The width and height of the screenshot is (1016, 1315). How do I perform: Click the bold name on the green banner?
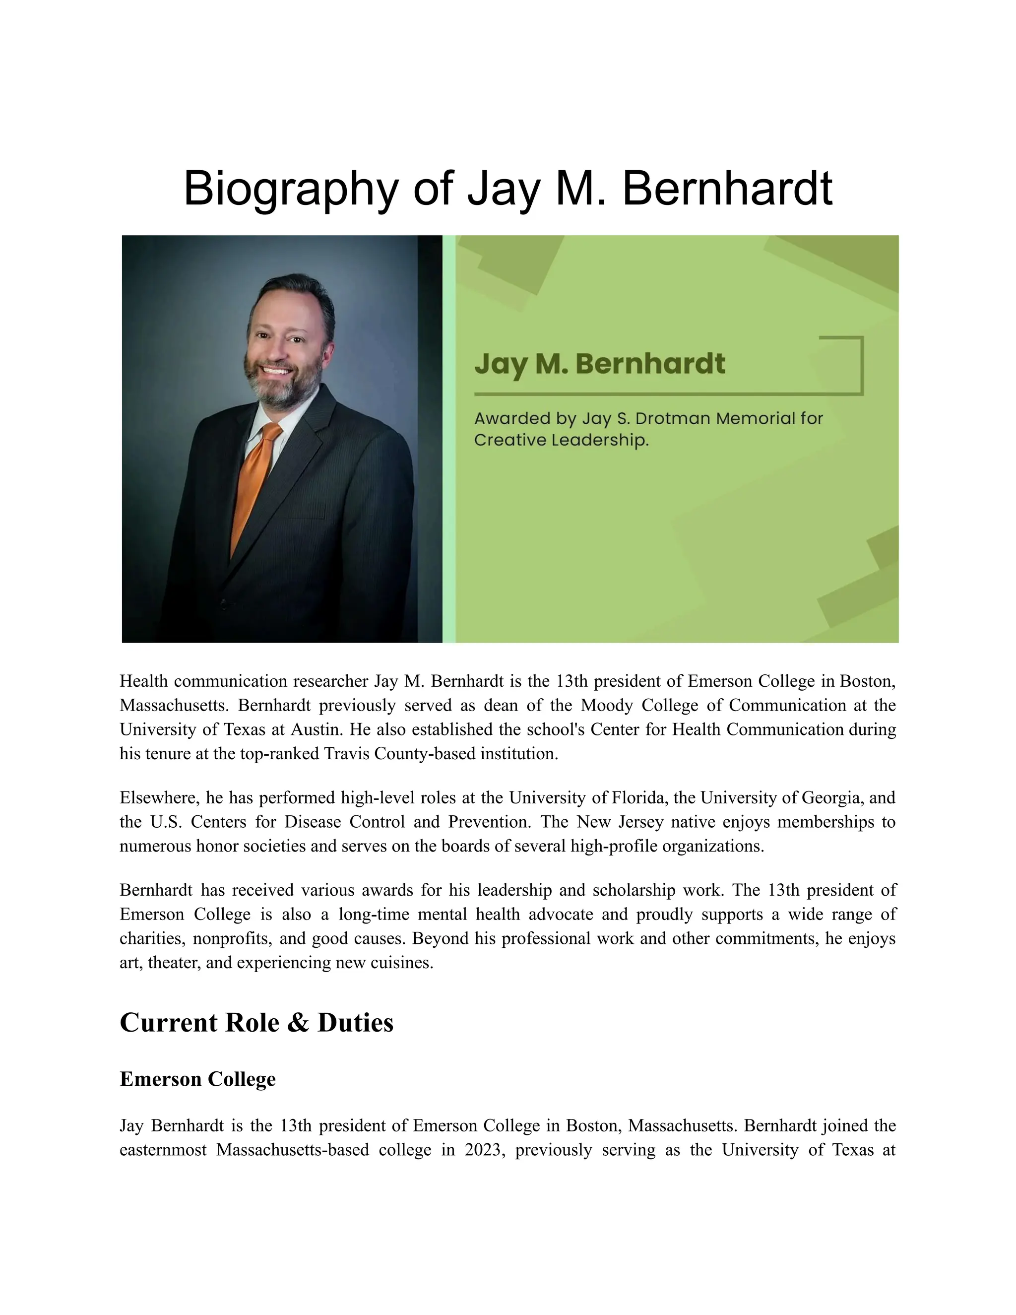599,364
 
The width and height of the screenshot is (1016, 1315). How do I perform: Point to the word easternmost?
163,1150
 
